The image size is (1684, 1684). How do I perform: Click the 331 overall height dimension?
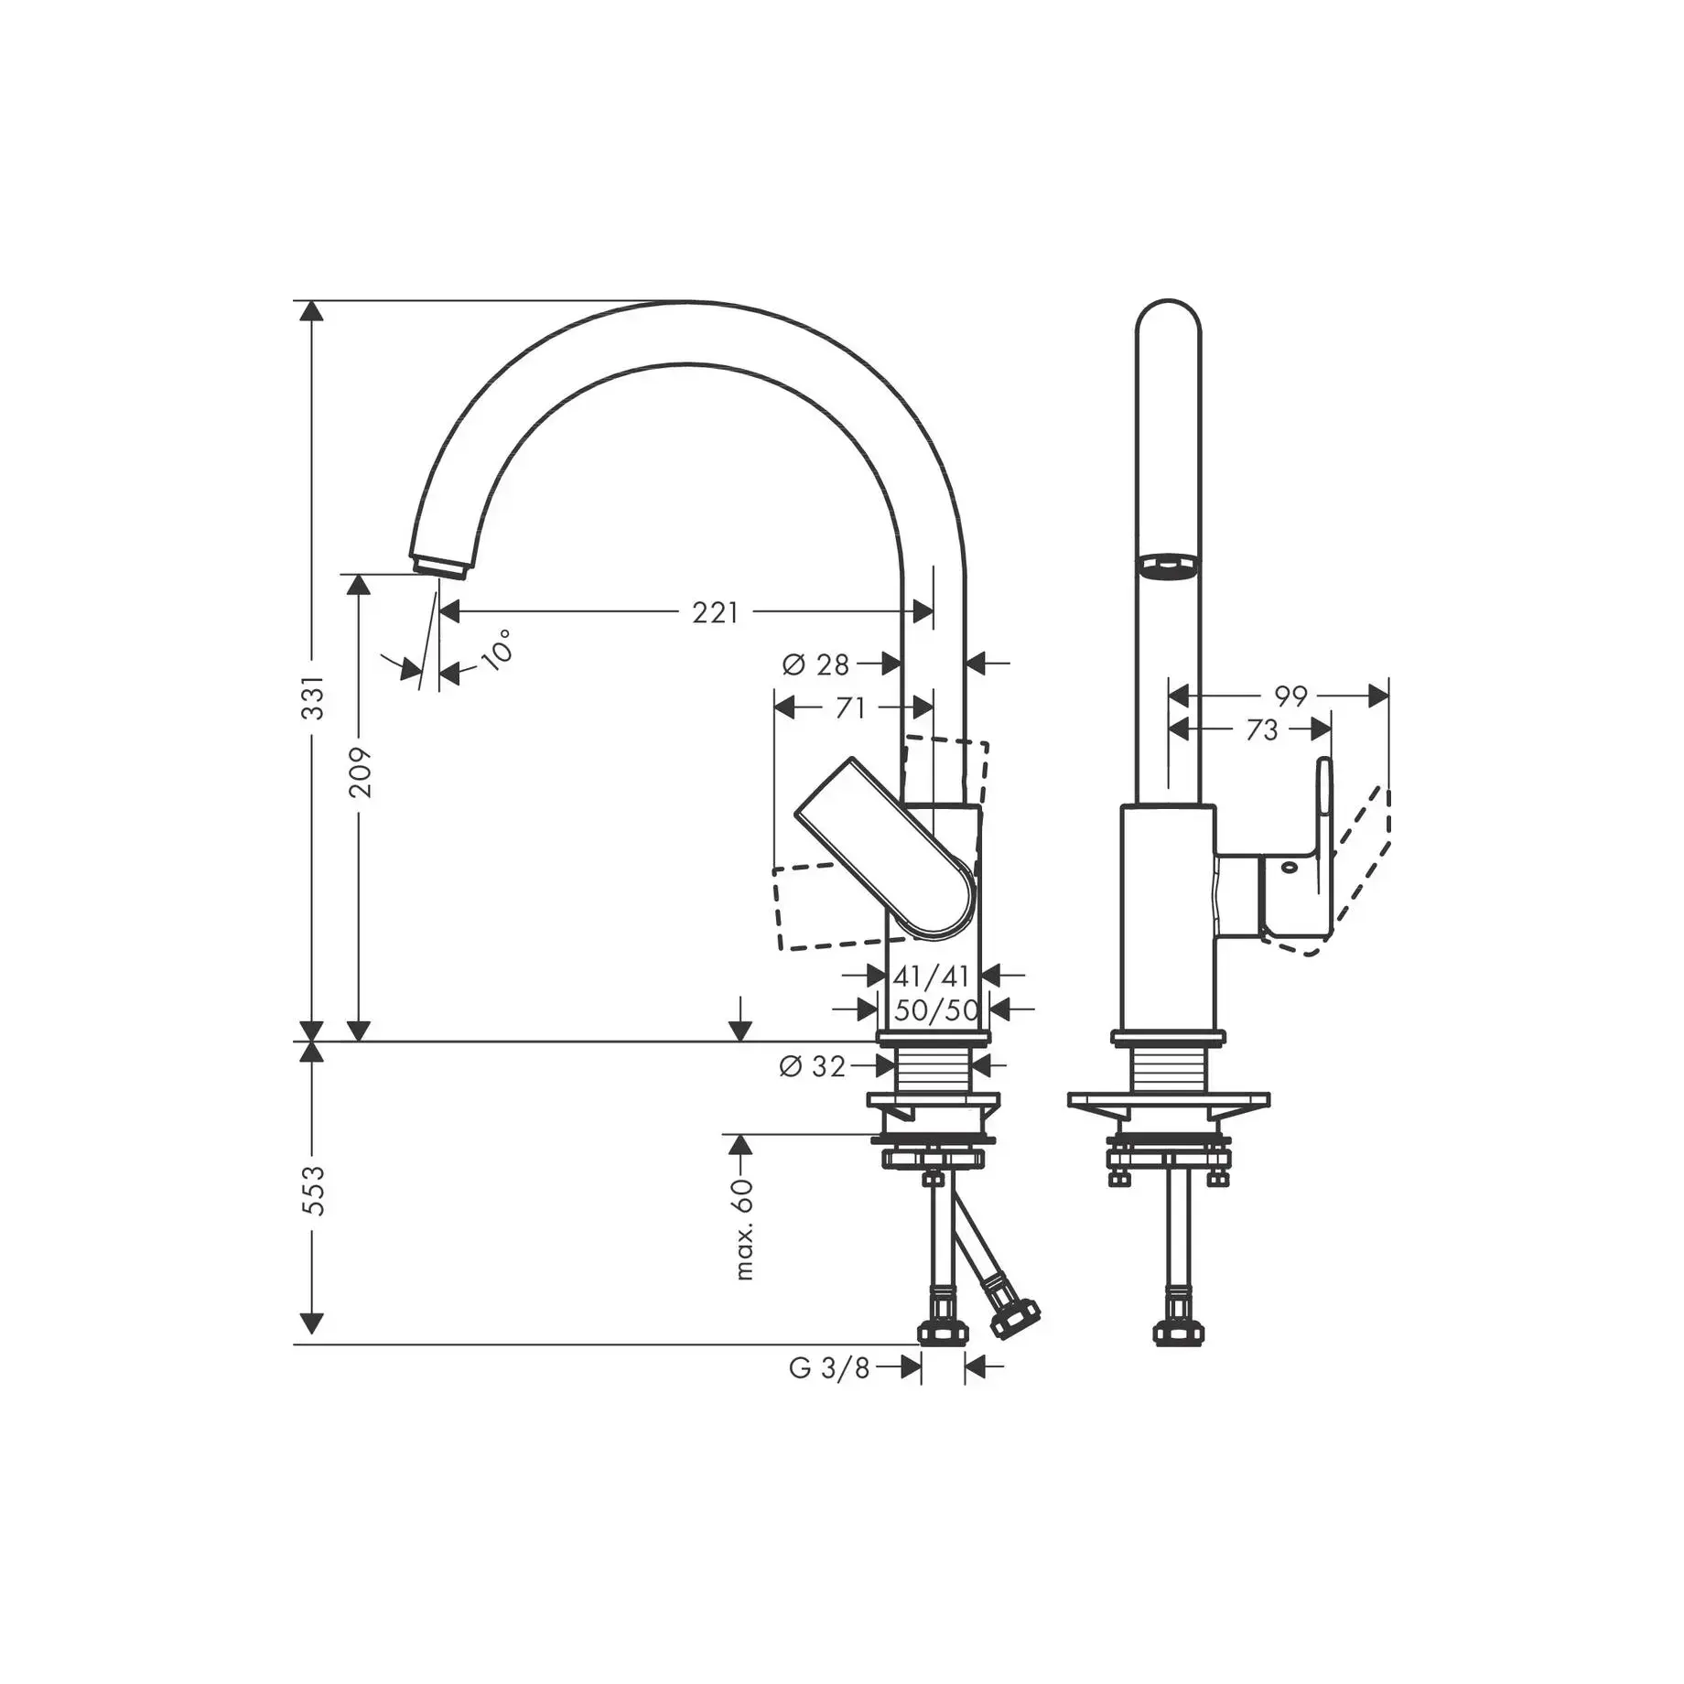point(313,697)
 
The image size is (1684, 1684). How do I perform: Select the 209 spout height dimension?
point(361,772)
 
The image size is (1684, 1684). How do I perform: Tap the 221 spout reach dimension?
point(715,612)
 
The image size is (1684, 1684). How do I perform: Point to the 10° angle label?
point(496,651)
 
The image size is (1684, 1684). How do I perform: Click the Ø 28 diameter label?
point(816,664)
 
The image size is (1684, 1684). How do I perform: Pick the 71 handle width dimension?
point(850,707)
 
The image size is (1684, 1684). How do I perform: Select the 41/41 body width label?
point(931,977)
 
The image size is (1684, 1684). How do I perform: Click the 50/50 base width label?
point(936,1010)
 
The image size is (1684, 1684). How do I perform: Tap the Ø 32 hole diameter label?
point(813,1066)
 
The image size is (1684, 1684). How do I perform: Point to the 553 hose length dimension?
point(313,1191)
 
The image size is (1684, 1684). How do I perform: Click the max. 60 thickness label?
point(743,1229)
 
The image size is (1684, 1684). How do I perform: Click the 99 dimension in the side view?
point(1291,696)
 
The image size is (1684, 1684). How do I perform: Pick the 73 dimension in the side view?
point(1262,730)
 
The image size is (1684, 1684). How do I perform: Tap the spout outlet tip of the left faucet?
point(441,566)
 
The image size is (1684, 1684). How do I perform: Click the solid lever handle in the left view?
point(885,847)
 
